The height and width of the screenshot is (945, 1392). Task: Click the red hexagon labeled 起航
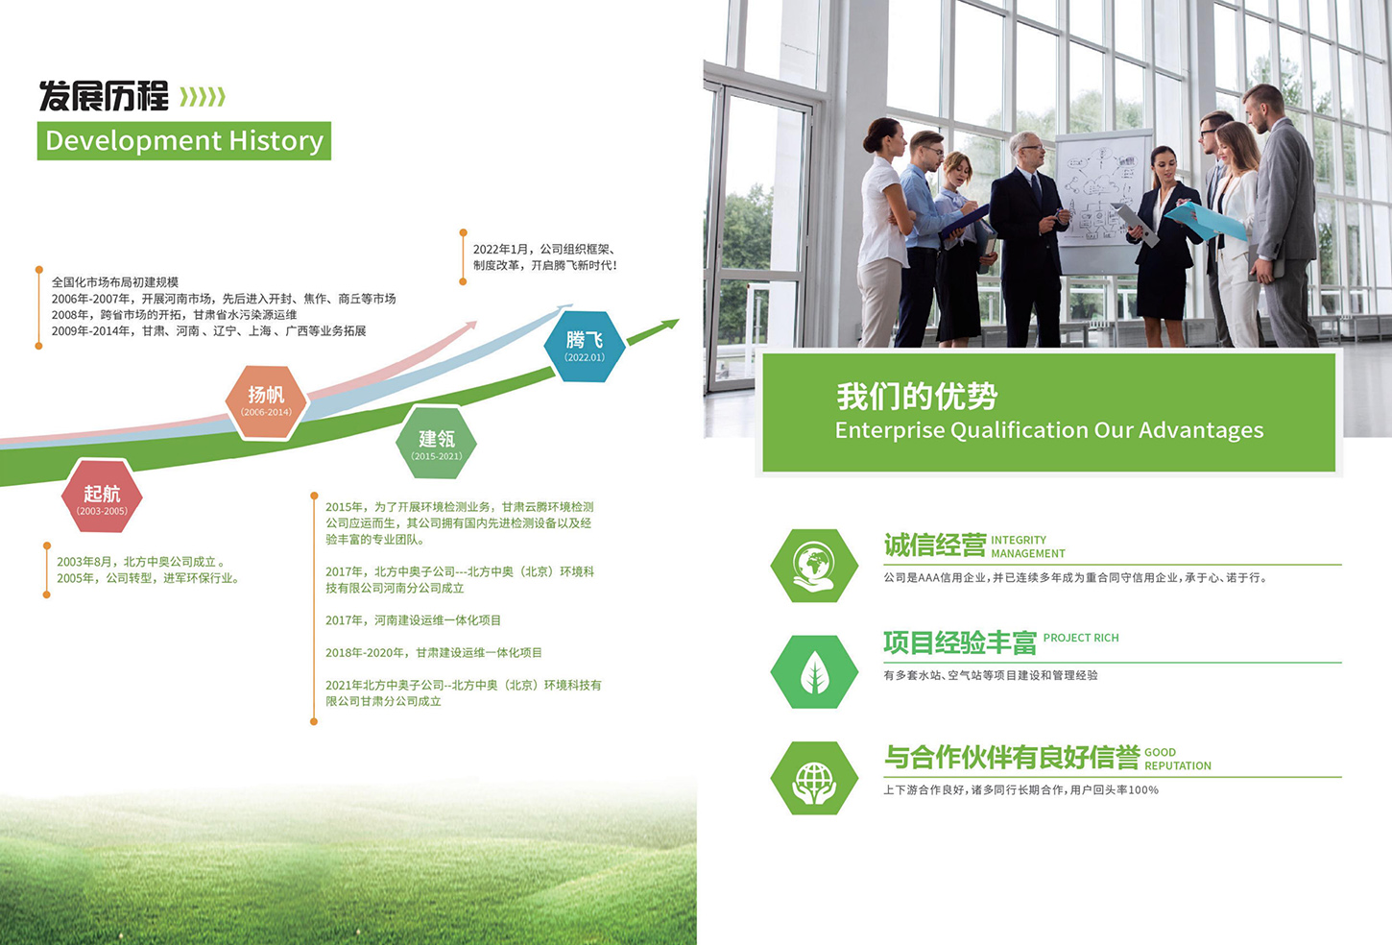click(102, 497)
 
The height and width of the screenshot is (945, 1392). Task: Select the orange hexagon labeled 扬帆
click(266, 402)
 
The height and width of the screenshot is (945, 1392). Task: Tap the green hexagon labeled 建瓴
click(436, 442)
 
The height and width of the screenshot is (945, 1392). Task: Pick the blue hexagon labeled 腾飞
click(584, 346)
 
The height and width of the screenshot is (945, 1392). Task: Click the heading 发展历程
click(104, 96)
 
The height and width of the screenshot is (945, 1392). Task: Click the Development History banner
click(184, 141)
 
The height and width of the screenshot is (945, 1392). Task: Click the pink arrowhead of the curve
click(468, 327)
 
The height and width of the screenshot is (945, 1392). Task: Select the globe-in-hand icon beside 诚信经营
click(814, 566)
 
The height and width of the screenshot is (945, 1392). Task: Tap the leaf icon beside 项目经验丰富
click(814, 672)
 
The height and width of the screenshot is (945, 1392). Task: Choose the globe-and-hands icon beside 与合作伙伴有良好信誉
click(814, 778)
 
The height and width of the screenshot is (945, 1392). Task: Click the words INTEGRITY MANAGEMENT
click(1028, 546)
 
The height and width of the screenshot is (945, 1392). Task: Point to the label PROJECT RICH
click(1081, 638)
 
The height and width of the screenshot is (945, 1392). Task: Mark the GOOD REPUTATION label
click(1178, 759)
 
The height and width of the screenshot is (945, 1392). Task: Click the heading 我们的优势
click(917, 396)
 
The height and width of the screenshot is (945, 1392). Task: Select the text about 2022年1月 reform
click(545, 257)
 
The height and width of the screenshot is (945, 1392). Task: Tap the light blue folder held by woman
click(1206, 221)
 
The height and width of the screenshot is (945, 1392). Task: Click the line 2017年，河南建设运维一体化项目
click(413, 620)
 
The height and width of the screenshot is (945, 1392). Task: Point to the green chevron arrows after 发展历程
click(203, 98)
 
